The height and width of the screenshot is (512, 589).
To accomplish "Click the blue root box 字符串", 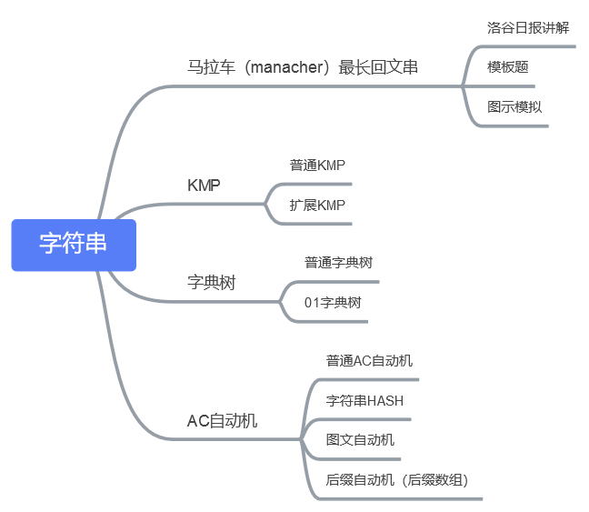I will pyautogui.click(x=74, y=245).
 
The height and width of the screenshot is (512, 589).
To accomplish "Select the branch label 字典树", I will pyautogui.click(x=211, y=283).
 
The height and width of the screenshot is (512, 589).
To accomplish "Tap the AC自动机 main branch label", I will pyautogui.click(x=222, y=421).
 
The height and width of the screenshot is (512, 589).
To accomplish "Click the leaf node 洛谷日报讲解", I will pyautogui.click(x=528, y=27).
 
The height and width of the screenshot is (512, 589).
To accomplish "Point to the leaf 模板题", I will pyautogui.click(x=507, y=67).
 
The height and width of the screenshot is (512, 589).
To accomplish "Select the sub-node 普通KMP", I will pyautogui.click(x=317, y=165).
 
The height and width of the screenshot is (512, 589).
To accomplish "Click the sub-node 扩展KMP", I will pyautogui.click(x=317, y=205).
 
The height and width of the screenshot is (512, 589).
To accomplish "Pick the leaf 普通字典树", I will pyautogui.click(x=338, y=262).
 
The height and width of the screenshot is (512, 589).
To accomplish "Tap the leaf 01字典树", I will pyautogui.click(x=333, y=302).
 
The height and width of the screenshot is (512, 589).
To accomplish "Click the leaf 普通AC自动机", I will pyautogui.click(x=369, y=361).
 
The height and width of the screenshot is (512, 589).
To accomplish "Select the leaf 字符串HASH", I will pyautogui.click(x=364, y=401).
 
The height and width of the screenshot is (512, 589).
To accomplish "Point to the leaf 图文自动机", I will pyautogui.click(x=360, y=440).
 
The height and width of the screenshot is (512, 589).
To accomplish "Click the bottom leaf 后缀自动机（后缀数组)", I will pyautogui.click(x=397, y=480).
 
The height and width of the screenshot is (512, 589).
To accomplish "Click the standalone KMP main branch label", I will pyautogui.click(x=204, y=185).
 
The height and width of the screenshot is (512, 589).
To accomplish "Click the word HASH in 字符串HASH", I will pyautogui.click(x=384, y=401).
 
